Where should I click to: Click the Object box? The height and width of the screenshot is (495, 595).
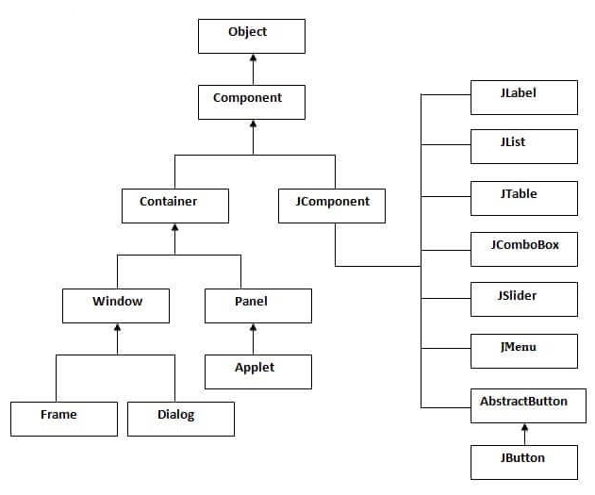pos(252,36)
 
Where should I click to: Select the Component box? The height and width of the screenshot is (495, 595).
pos(252,102)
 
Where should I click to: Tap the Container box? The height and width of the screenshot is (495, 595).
pos(175,206)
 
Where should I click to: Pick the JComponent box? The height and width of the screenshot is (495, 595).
pos(332,206)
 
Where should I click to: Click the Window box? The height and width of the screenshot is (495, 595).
pos(116,305)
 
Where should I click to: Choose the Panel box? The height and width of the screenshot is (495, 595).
pos(258,305)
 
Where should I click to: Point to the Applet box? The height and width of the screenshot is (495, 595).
pos(258,371)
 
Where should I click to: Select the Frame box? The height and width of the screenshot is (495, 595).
pos(64,419)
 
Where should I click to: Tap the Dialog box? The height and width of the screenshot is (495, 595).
pos(181,419)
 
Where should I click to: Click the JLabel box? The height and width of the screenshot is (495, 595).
pos(524,97)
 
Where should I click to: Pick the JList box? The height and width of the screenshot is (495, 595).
pos(524,146)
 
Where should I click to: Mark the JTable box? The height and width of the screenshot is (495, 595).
pos(524,198)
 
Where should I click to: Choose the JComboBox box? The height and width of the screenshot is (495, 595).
pos(524,249)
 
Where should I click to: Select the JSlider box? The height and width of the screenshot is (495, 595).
pos(524,299)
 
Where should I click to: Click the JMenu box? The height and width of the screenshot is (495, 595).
pos(524,352)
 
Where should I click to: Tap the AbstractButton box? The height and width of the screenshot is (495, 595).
pos(528,405)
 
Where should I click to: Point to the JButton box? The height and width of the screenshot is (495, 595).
pos(524,462)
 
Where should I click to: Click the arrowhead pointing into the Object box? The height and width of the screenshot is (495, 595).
pos(253,58)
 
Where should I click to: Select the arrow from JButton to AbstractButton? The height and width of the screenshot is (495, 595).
pos(525,435)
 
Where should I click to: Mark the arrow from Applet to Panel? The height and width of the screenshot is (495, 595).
pos(253,339)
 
